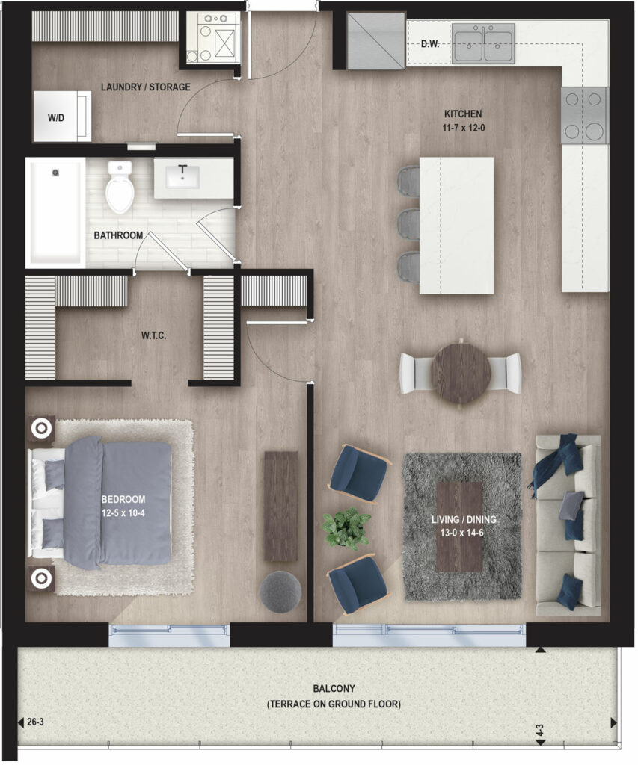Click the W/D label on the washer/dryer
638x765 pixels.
(55, 118)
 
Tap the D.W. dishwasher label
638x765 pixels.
(430, 44)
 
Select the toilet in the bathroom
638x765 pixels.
(120, 187)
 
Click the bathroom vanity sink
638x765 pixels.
(182, 176)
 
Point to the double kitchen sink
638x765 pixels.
(483, 43)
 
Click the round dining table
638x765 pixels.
(461, 374)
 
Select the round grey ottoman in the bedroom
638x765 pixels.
(280, 592)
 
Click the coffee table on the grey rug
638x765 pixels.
(459, 527)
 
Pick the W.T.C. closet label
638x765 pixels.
(154, 335)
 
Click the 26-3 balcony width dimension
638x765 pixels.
(35, 722)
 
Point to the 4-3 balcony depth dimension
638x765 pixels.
(540, 730)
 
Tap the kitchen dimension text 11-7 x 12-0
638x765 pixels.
(464, 128)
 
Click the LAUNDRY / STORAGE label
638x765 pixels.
(146, 87)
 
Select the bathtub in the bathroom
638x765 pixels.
(55, 212)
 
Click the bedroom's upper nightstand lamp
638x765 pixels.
(42, 428)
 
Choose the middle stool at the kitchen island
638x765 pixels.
(409, 224)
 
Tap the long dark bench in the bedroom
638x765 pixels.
(281, 506)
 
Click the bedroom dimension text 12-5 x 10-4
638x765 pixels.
(123, 513)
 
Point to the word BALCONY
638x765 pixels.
(334, 688)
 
